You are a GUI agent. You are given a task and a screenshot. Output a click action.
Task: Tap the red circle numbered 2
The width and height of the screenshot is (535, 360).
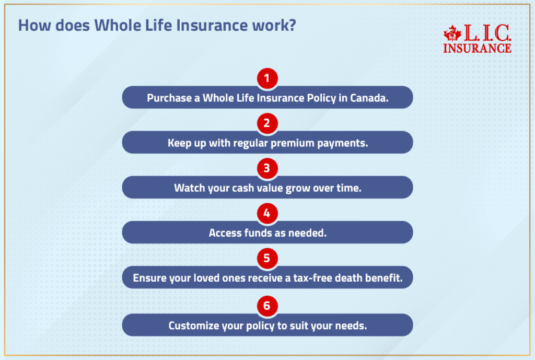click(267, 124)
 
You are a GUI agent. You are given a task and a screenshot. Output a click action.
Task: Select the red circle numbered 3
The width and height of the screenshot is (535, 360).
click(267, 169)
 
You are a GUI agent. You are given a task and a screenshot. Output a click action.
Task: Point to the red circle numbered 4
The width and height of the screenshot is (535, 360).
click(267, 214)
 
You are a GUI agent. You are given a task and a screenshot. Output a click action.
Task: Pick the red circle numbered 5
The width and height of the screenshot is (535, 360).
click(267, 259)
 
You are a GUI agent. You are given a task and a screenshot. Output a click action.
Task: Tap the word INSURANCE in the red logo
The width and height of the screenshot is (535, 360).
click(477, 48)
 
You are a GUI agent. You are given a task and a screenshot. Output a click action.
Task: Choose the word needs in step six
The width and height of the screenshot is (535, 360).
click(351, 326)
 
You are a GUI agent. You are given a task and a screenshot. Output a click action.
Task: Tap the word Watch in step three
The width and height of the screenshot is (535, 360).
click(189, 188)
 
